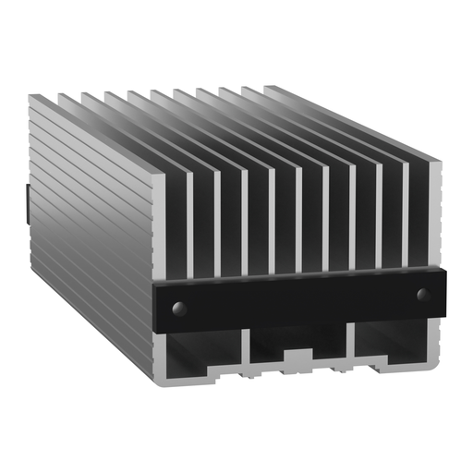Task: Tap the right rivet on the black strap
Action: point(423,295)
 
